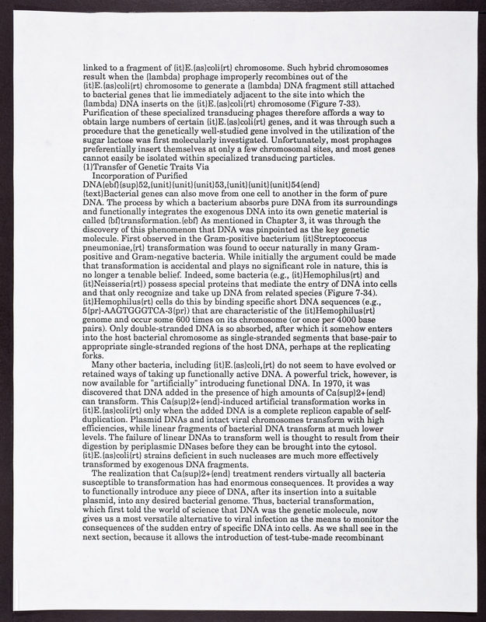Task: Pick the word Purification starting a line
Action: (x=106, y=116)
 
